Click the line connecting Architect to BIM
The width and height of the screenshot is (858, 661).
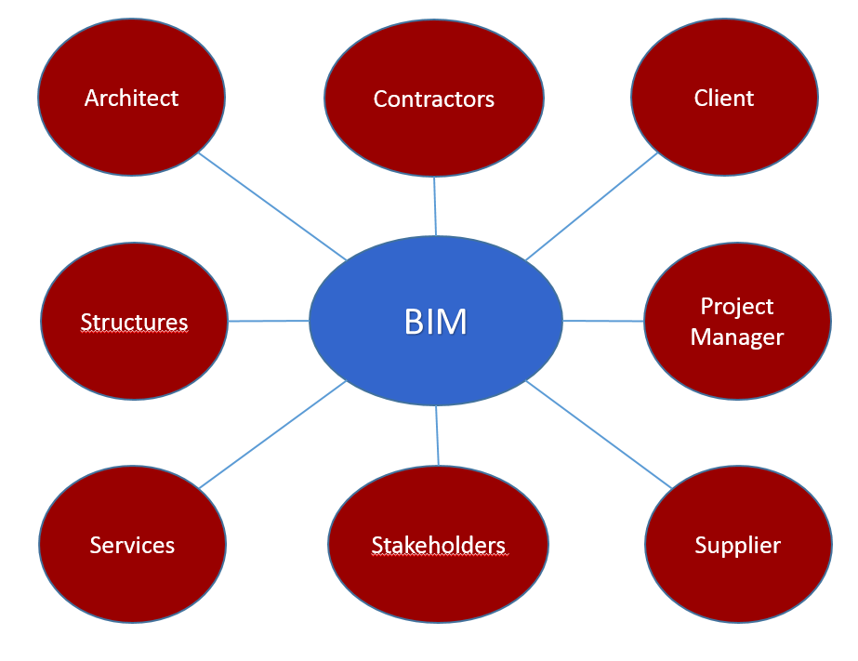[271, 206]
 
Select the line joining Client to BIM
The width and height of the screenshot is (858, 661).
[592, 205]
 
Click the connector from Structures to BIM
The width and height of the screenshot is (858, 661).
[268, 321]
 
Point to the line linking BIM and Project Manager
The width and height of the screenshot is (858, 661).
[603, 321]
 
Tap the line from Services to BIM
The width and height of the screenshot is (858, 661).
[271, 434]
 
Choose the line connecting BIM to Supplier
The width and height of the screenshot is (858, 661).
[598, 433]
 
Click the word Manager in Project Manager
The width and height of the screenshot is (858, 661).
[737, 337]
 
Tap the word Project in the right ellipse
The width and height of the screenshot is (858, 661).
[737, 307]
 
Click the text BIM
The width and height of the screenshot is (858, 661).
[435, 322]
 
